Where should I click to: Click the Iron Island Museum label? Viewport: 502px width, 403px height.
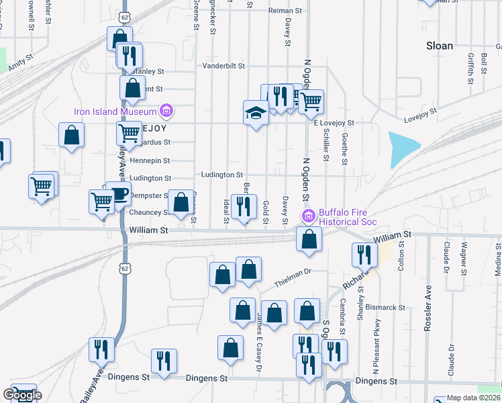point(115,111)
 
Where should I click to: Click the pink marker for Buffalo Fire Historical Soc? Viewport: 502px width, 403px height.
point(309,216)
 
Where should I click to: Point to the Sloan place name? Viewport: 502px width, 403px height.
point(440,46)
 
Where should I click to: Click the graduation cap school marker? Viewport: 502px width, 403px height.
point(256,112)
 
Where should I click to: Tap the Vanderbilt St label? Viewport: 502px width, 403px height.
point(224,66)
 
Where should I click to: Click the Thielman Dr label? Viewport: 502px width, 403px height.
point(299,271)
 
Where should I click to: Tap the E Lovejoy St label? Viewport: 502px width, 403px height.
point(334,123)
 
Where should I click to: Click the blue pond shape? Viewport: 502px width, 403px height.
point(403,148)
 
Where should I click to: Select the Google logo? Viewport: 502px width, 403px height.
point(22,395)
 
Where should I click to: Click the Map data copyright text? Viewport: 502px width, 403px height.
point(474,398)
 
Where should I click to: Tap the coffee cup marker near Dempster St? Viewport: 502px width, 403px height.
point(119,194)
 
